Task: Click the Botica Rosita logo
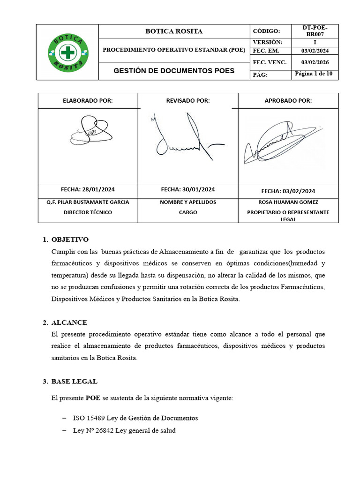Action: tap(67, 52)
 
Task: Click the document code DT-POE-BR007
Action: tap(315, 31)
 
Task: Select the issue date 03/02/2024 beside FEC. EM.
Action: tap(315, 51)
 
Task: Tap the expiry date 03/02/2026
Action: tap(315, 62)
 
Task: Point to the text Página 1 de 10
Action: tap(314, 74)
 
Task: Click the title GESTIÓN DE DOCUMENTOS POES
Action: tap(174, 71)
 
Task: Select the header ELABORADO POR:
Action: tap(88, 101)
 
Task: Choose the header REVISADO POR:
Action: tap(188, 101)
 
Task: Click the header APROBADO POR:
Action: tap(288, 101)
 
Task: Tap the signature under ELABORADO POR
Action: tap(91, 131)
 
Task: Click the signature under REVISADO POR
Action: tap(183, 136)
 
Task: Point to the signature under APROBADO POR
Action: tap(281, 141)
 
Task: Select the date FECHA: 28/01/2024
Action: tap(88, 189)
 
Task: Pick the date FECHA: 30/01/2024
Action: tap(188, 189)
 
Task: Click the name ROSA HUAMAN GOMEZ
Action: tap(288, 202)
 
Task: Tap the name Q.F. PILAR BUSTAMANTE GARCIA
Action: tap(88, 202)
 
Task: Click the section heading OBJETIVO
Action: tap(70, 240)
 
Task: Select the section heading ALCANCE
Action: tap(69, 322)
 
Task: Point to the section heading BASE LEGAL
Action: tap(75, 381)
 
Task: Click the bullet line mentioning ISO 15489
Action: tap(135, 418)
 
